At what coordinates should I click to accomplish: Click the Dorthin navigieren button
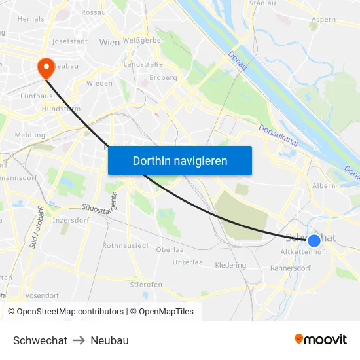179,160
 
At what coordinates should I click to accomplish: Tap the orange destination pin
46,68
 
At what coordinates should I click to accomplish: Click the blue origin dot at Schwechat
314,240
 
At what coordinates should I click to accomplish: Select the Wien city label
109,42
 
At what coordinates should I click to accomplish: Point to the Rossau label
94,12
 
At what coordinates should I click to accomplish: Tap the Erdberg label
164,77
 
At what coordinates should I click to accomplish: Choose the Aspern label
323,20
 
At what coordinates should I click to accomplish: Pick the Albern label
323,186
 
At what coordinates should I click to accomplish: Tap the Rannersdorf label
290,268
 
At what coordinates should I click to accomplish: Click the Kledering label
230,265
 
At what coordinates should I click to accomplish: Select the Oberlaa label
170,250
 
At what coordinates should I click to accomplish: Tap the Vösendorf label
42,295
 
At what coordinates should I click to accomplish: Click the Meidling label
30,135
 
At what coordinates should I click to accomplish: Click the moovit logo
321,339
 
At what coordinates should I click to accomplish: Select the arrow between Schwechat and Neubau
79,340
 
